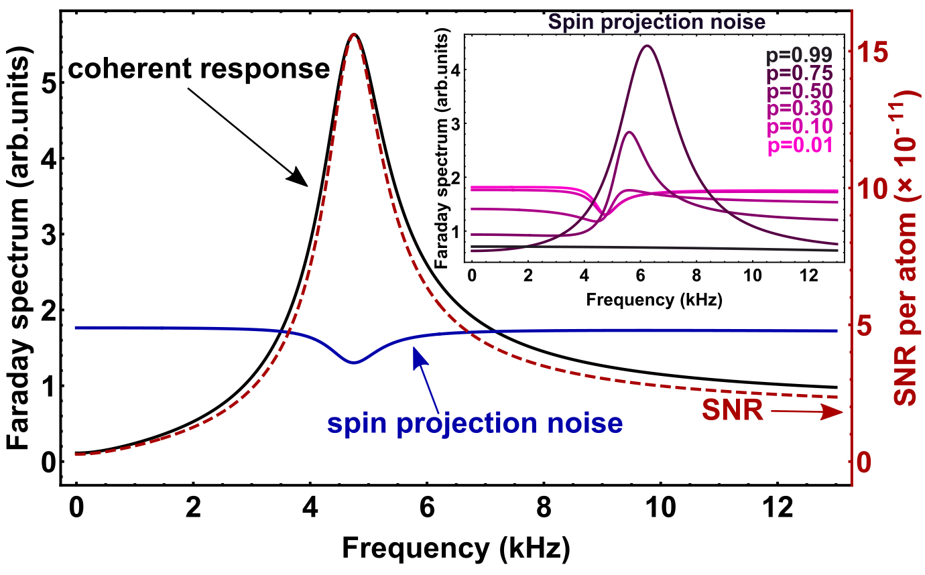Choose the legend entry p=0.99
800,56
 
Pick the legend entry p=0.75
800,73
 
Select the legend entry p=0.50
800,91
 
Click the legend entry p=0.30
800,109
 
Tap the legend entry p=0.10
800,127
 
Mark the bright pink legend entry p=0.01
800,145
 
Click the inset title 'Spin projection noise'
656,22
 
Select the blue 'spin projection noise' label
475,424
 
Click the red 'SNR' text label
733,411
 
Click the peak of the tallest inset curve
647,46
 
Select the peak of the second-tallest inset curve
628,132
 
